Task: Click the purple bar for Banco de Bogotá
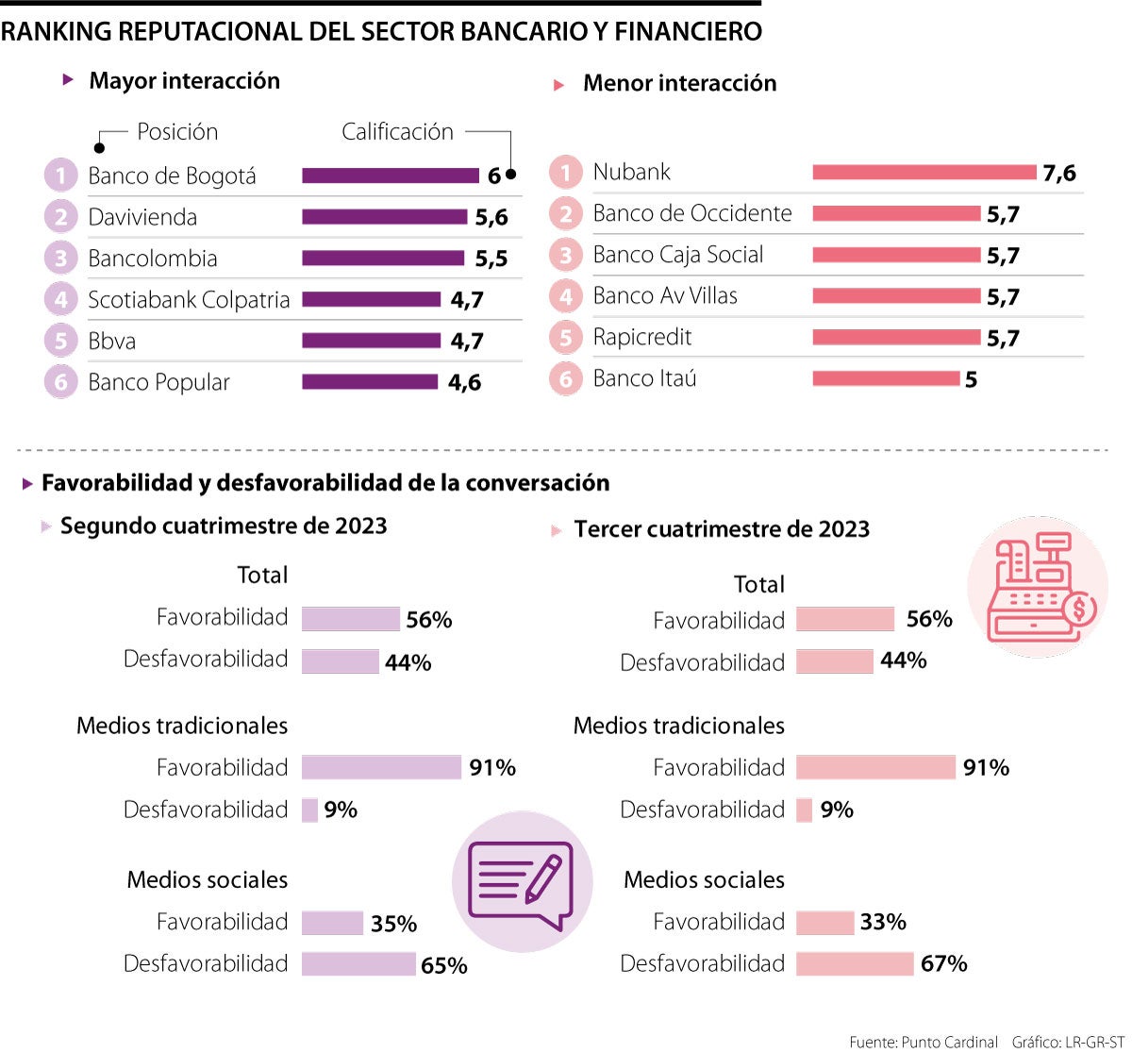[x=390, y=175]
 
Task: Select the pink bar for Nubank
[x=924, y=172]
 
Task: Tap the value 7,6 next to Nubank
[x=1059, y=173]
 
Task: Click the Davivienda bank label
[x=142, y=217]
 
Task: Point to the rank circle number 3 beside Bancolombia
[x=60, y=259]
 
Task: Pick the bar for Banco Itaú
[x=885, y=378]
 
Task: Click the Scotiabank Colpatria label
[x=189, y=300]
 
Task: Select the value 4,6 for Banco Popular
[x=464, y=382]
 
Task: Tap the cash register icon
[x=1038, y=587]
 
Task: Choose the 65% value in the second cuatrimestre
[x=443, y=965]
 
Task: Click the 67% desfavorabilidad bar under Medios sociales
[x=854, y=963]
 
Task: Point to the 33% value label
[x=882, y=922]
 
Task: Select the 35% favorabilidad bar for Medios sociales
[x=332, y=923]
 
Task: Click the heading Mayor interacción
[x=184, y=81]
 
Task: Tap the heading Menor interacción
[x=679, y=83]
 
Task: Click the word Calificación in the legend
[x=397, y=132]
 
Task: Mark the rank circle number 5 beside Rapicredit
[x=565, y=338]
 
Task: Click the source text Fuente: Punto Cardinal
[x=923, y=1042]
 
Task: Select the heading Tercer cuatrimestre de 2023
[x=722, y=529]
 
